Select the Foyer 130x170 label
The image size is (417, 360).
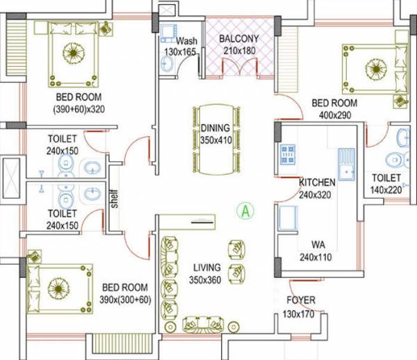coord(300,306)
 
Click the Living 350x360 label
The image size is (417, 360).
coord(204,273)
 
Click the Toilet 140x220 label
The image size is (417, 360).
coord(386,183)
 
